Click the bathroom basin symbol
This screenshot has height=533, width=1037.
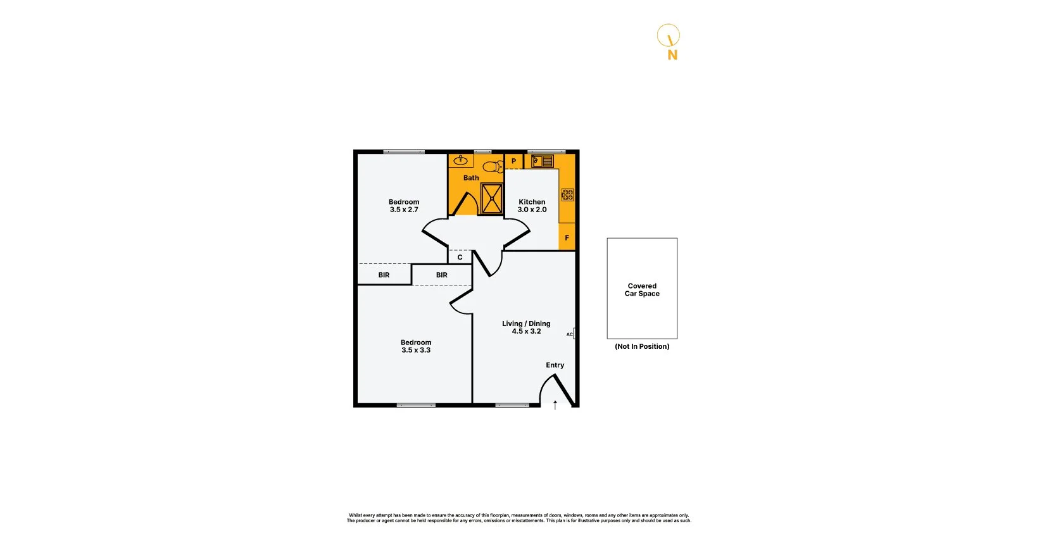[460, 160]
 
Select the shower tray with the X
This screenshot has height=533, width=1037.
[491, 198]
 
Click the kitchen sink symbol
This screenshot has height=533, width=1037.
[542, 161]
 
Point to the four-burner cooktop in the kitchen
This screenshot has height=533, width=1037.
[567, 194]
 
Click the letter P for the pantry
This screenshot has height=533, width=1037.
[513, 161]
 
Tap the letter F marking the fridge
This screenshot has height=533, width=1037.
[567, 238]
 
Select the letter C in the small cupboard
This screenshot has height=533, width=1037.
[460, 258]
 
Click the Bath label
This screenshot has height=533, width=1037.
[471, 178]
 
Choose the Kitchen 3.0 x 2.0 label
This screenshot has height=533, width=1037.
[532, 206]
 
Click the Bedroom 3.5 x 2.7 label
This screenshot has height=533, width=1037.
[404, 206]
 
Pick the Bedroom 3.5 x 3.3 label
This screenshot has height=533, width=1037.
[416, 346]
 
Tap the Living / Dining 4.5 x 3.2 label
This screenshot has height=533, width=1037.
[526, 327]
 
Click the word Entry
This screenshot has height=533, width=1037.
[555, 365]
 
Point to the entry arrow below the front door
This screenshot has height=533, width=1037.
[555, 405]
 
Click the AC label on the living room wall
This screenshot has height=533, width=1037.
[569, 334]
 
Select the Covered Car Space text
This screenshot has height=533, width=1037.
[642, 290]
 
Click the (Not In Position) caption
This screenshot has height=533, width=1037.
[642, 346]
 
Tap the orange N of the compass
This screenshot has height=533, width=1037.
[672, 55]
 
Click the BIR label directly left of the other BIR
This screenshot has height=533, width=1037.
[384, 275]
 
